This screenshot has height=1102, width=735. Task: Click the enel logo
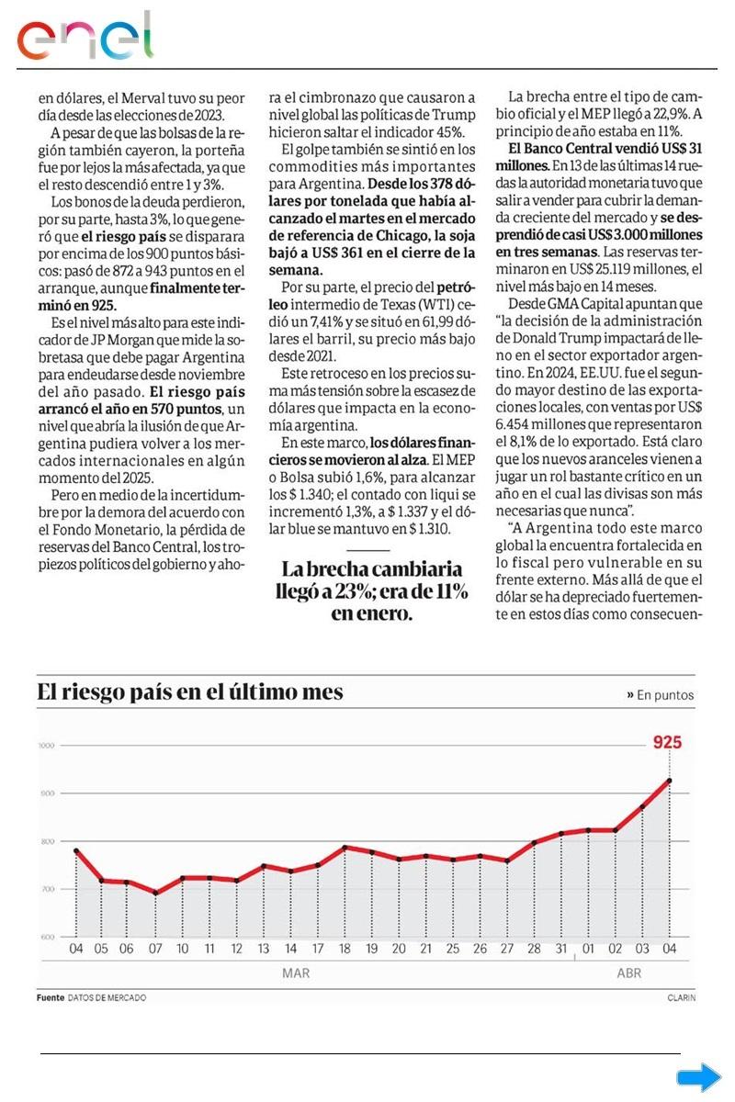tap(85, 36)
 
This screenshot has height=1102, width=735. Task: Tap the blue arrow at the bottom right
tap(698, 1077)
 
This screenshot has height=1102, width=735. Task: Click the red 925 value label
tap(667, 742)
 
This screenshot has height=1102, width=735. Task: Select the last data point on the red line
tap(669, 781)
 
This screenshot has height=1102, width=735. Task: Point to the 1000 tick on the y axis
tap(47, 746)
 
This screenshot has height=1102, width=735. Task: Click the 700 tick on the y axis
tap(47, 889)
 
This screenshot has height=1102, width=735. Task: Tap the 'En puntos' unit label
tap(665, 695)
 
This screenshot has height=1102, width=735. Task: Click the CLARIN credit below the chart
tap(682, 997)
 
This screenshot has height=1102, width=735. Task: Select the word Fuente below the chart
tap(50, 997)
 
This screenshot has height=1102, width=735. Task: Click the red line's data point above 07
tap(155, 893)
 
